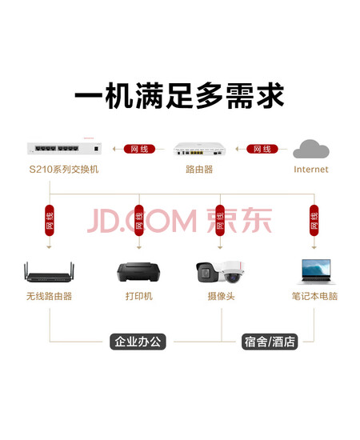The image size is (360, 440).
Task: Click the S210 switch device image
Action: pos(64,149)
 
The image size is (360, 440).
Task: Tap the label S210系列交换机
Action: pos(64,170)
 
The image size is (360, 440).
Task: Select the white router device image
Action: pos(199,149)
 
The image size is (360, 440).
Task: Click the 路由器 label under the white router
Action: pos(199,170)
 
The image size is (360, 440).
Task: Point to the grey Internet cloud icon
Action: pos(311,149)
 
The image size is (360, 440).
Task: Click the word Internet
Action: pos(311,170)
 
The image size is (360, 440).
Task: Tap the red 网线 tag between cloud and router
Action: pos(262,149)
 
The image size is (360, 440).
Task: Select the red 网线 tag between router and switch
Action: pos(139,149)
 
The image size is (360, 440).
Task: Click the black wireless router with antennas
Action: pos(49,272)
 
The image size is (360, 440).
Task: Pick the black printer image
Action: pos(138,272)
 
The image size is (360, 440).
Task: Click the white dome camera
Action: pos(233,272)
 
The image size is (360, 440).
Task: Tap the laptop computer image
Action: pos(316,271)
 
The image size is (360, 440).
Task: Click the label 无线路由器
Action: pos(49,296)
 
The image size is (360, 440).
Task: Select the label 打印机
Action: pos(139,296)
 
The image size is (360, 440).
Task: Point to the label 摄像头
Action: pos(221,296)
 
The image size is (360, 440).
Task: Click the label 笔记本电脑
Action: pos(314,296)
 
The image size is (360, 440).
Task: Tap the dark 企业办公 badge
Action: pos(138,342)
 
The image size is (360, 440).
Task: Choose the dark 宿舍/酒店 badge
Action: pos(270,342)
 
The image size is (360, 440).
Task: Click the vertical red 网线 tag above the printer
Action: pos(139,220)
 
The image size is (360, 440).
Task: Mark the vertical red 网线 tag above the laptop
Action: pos(314,220)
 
